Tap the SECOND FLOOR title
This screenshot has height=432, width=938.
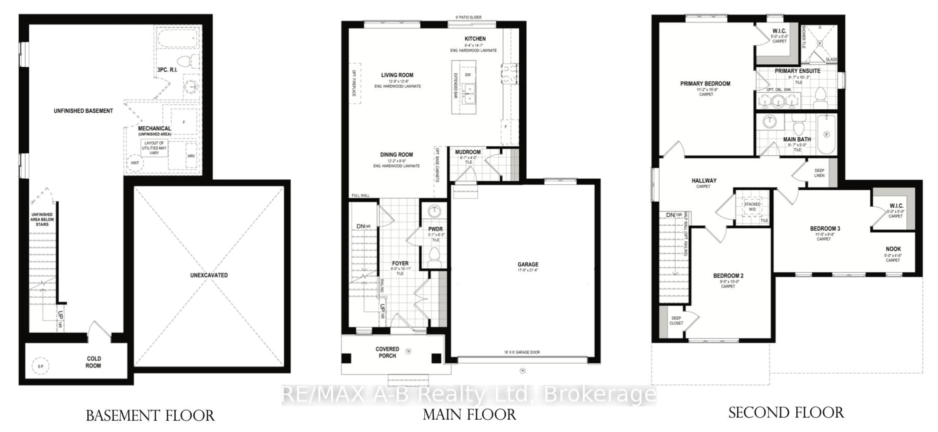click(786, 413)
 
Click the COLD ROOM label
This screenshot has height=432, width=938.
click(93, 362)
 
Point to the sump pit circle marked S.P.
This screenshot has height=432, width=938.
click(41, 366)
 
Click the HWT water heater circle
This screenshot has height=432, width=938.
click(135, 163)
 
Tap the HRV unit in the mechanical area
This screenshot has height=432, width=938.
click(191, 156)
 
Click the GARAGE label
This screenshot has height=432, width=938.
click(528, 264)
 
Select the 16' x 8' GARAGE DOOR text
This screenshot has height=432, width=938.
click(522, 352)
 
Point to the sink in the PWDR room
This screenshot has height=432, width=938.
click(434, 211)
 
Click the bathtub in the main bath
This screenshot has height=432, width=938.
click(826, 134)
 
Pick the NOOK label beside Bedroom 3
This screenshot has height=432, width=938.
click(893, 249)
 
